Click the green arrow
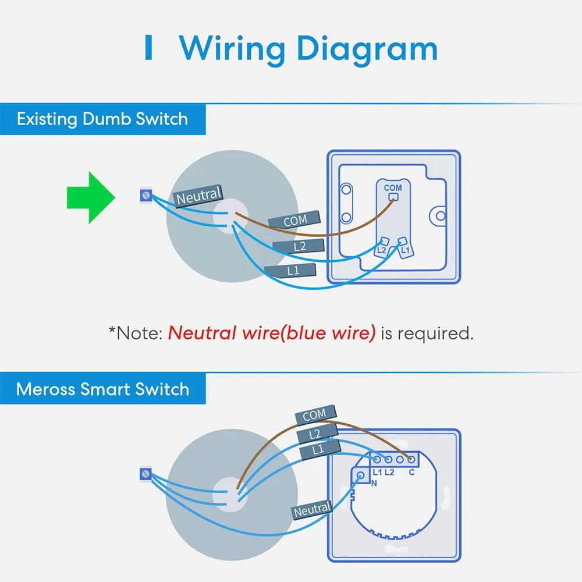coord(91,197)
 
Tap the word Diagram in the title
coord(367,49)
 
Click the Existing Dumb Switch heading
coord(102,119)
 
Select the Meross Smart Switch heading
coord(102,389)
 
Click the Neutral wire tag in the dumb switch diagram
coord(198,196)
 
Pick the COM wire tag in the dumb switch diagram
coord(294,220)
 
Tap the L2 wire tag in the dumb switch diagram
coord(299,246)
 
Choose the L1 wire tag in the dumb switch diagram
coord(290,270)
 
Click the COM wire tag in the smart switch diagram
coord(316,414)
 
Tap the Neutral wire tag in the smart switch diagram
coord(312,510)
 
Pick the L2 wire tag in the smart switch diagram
coord(317,433)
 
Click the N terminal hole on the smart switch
coord(360,475)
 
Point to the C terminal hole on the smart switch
coord(411,460)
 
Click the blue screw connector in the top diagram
coord(146,195)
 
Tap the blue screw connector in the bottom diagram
coord(146,474)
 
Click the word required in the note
coord(435,333)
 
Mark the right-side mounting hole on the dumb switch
coord(440,216)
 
